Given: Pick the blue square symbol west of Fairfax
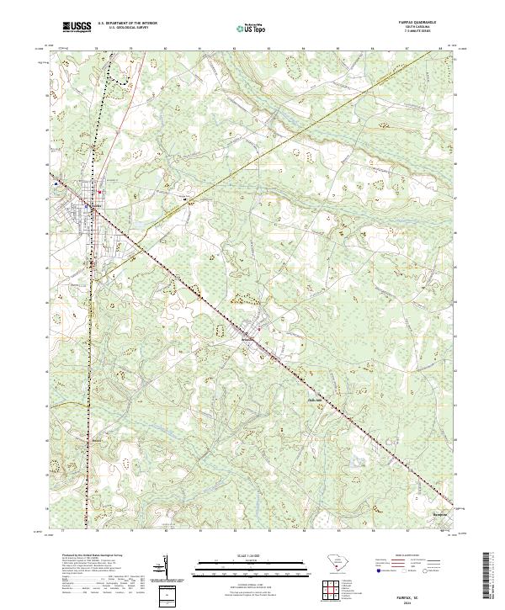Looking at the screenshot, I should pos(56,182).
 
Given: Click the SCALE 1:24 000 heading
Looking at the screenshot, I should pos(251,555).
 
